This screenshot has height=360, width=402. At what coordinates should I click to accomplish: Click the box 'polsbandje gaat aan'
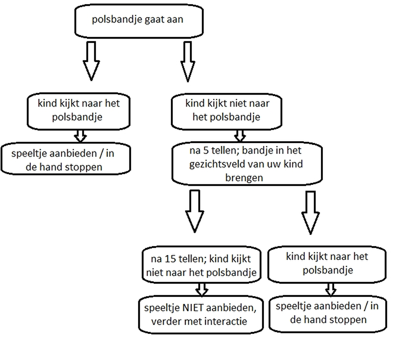(x=139, y=21)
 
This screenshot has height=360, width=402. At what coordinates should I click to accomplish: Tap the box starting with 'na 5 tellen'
(x=247, y=163)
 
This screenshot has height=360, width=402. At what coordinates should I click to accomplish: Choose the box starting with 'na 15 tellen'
(x=201, y=265)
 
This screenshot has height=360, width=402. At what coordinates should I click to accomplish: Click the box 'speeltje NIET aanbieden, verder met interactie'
(x=201, y=314)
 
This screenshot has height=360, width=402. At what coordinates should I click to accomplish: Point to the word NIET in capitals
(x=193, y=308)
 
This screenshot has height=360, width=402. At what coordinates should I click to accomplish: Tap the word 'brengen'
(x=244, y=178)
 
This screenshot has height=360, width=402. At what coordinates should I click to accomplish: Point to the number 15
(x=170, y=259)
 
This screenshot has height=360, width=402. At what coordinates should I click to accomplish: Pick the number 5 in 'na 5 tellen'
(x=206, y=151)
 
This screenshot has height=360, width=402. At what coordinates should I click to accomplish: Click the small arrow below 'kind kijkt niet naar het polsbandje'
(x=240, y=136)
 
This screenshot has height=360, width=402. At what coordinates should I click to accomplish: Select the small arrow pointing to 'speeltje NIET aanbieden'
(x=202, y=289)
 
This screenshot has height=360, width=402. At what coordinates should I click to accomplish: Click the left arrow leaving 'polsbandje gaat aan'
(x=91, y=61)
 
